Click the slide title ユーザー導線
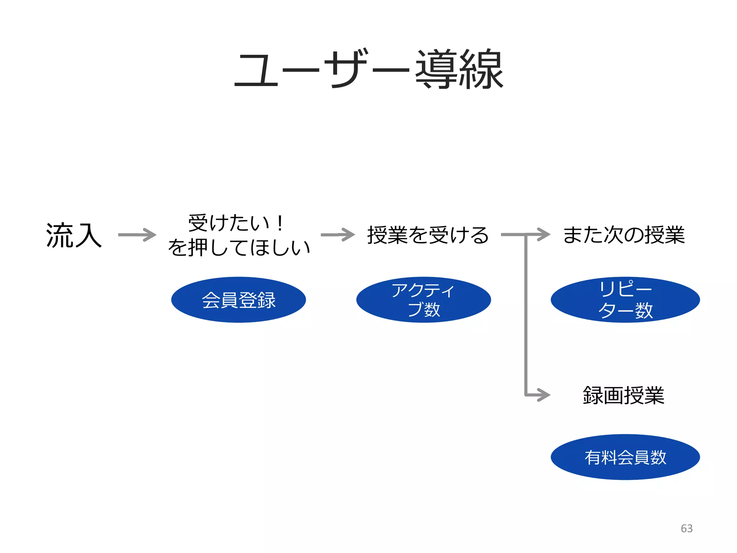tap(368, 69)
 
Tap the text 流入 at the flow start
tap(74, 235)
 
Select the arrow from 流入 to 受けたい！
tap(137, 235)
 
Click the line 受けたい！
tap(236, 223)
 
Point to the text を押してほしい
tap(239, 248)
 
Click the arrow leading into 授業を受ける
tap(338, 235)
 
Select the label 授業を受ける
tap(428, 235)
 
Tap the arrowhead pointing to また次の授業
tap(544, 234)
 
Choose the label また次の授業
tap(624, 235)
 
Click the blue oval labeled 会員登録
tap(238, 300)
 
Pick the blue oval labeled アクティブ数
tap(423, 300)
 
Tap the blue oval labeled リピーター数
tap(625, 300)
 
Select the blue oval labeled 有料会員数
tap(625, 457)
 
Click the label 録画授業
tap(623, 395)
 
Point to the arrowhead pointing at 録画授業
tap(544, 395)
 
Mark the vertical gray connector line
tap(526, 317)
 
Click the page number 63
tap(687, 528)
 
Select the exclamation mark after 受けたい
tap(280, 223)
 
